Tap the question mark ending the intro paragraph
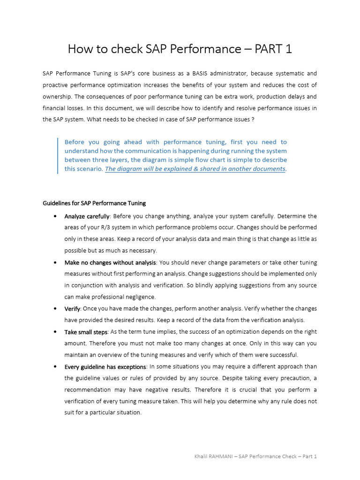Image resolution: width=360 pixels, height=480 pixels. [253, 120]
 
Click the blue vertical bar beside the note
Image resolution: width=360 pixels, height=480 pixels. [58, 155]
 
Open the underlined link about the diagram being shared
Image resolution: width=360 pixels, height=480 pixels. [195, 169]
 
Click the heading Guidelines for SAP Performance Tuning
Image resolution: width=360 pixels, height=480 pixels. [94, 203]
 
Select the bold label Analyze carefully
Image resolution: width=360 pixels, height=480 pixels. [87, 216]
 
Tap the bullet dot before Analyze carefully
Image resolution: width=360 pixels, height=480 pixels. [55, 216]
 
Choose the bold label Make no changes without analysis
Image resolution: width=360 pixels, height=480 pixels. [110, 262]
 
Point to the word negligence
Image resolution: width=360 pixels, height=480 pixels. [141, 297]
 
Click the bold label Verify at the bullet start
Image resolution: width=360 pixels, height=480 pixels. [72, 308]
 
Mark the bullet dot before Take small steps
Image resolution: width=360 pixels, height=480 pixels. [55, 332]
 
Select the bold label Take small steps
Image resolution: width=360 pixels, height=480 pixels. [86, 332]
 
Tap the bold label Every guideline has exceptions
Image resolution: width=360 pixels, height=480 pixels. [105, 367]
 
